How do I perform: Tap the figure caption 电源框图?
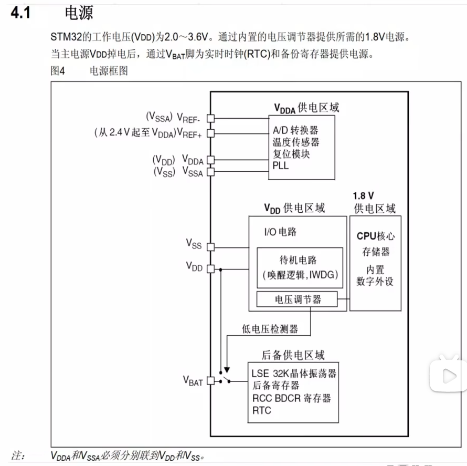click(x=109, y=71)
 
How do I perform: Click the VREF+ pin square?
click(x=210, y=133)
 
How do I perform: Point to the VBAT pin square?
click(x=210, y=381)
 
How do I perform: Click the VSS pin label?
click(x=194, y=243)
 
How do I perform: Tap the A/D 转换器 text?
click(x=295, y=130)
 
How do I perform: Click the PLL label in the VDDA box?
click(x=281, y=166)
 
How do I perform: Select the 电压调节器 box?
click(x=296, y=300)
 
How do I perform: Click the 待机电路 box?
click(x=300, y=267)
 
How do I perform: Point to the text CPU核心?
click(x=376, y=236)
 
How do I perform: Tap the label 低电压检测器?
click(x=270, y=329)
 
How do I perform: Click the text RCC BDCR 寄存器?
click(x=291, y=398)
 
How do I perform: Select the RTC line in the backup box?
click(x=262, y=410)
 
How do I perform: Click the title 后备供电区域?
click(x=293, y=355)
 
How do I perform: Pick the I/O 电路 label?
click(x=280, y=232)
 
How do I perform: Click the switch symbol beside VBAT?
click(x=227, y=378)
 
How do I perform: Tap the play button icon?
click(x=448, y=376)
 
